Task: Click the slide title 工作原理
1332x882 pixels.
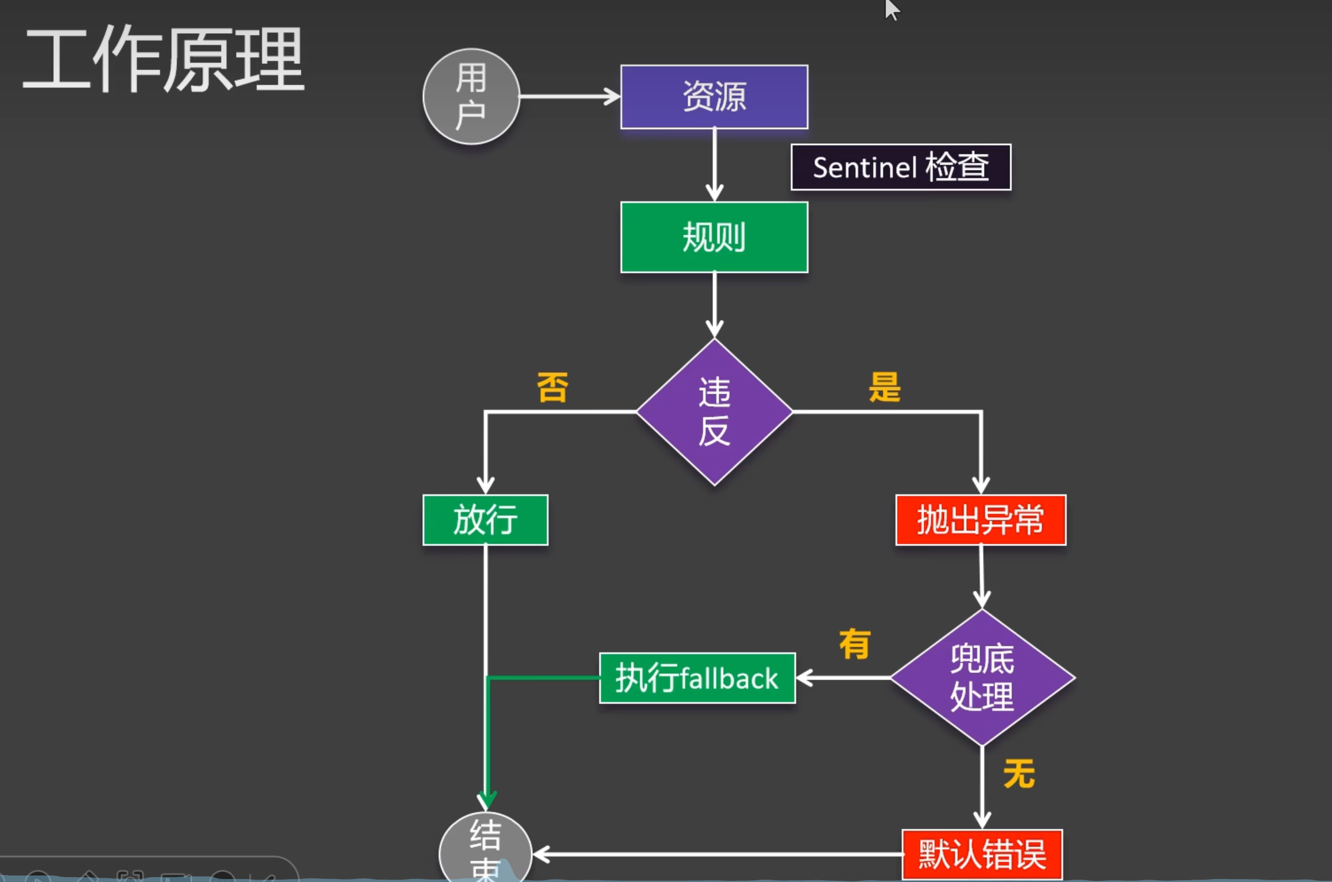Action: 163,60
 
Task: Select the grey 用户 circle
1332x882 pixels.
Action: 471,96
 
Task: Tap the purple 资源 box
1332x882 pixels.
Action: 714,96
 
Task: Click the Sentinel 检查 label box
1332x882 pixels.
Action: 900,167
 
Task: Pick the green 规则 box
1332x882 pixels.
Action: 714,237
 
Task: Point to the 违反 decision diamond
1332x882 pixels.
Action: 714,412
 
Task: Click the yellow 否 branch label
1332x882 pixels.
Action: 552,388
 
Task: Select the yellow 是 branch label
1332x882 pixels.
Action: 884,388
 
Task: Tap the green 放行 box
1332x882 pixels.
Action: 485,520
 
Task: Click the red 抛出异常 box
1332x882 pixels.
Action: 980,520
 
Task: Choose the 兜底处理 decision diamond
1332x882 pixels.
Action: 982,678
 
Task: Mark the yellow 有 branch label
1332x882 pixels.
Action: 855,645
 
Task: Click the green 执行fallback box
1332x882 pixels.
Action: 697,678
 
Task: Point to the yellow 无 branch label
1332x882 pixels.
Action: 1019,774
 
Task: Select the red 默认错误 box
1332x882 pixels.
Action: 982,854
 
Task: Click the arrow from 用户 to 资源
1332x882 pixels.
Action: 570,96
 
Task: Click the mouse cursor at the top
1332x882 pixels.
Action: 891,9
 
